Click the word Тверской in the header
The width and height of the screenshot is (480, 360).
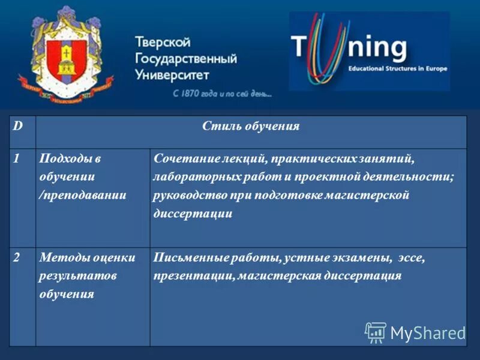[163, 43]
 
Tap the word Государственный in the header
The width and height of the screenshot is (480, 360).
[185, 59]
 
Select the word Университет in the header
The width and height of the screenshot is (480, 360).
[172, 75]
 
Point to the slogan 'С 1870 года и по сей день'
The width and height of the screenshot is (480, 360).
[222, 94]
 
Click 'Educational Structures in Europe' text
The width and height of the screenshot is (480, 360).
[398, 69]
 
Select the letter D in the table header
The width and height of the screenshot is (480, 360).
[19, 127]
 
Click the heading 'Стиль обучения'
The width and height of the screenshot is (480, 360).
[251, 127]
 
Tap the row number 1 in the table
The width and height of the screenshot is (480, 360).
[18, 159]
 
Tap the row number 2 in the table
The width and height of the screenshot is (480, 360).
[18, 257]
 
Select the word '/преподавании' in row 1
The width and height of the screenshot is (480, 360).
[82, 195]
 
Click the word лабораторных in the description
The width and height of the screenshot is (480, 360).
[190, 177]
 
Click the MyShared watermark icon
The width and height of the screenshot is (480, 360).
[376, 331]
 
